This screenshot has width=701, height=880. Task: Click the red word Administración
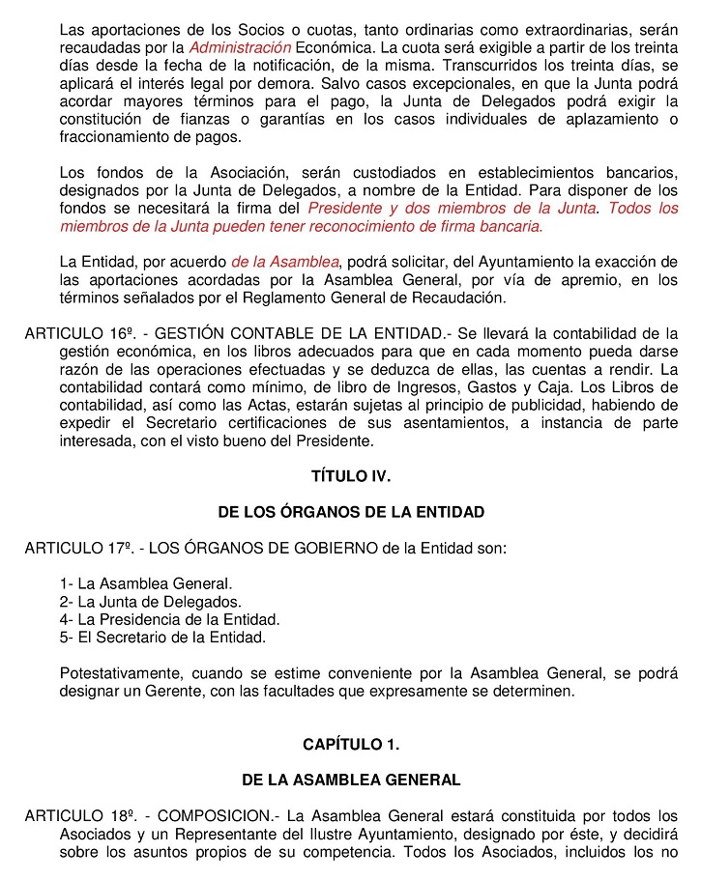click(241, 46)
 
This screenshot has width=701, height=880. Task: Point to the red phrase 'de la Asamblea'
click(285, 262)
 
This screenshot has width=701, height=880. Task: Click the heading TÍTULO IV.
click(351, 476)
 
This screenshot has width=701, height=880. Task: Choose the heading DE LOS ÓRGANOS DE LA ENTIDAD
click(351, 512)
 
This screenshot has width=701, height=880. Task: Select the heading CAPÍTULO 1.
click(351, 744)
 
